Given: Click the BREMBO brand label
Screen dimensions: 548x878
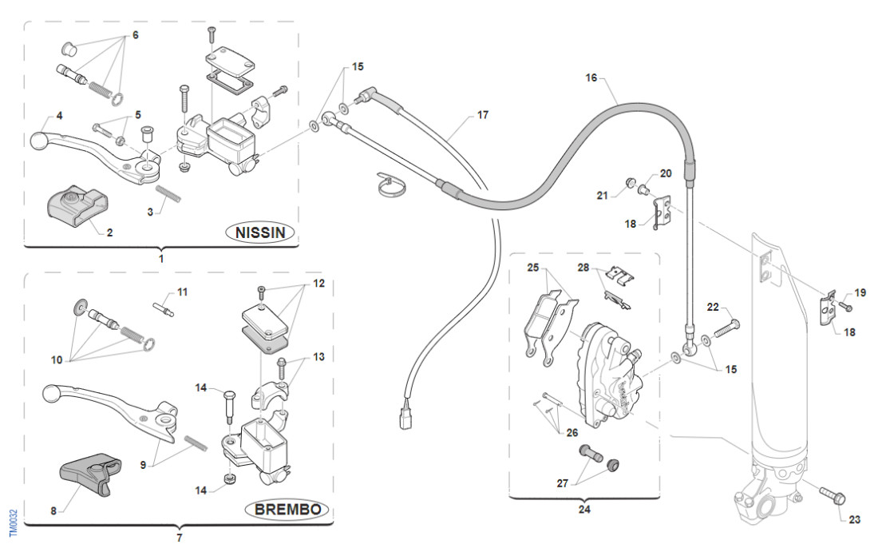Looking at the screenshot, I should (287, 510).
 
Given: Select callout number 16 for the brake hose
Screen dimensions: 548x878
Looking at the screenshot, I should (591, 78).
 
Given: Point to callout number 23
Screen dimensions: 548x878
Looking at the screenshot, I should (855, 519).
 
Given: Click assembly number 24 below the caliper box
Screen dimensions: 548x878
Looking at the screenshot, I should (584, 508).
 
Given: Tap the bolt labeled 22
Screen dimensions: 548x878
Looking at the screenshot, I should (724, 326).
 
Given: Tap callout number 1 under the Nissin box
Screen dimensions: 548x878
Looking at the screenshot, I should (162, 258).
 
